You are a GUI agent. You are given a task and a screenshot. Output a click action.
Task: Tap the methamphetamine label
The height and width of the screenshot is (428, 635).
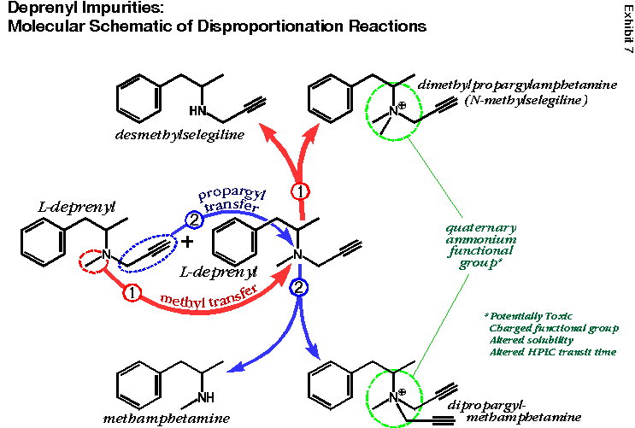click(x=177, y=419)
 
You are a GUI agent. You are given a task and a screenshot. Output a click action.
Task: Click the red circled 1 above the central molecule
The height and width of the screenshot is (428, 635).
click(x=300, y=191)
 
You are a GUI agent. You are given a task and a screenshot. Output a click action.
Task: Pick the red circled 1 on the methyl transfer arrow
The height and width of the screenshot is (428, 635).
click(x=132, y=293)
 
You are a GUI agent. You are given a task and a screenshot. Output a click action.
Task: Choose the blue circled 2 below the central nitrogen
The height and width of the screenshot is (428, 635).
click(x=299, y=289)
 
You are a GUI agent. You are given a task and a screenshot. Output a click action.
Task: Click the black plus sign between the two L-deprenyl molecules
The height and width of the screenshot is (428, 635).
click(x=188, y=242)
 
